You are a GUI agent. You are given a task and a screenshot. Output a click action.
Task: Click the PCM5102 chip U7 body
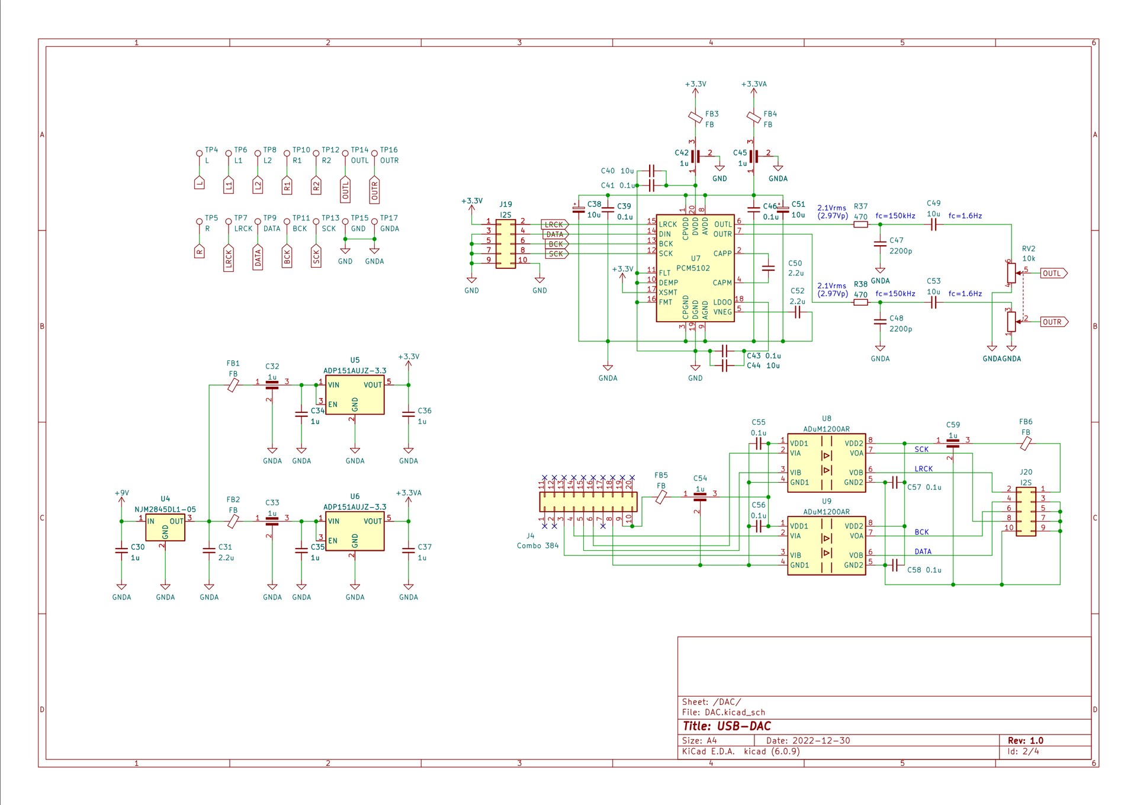[x=695, y=268]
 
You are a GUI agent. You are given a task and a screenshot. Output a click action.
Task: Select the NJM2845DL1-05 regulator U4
[x=165, y=527]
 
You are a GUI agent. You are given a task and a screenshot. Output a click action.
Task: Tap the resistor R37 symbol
[x=860, y=224]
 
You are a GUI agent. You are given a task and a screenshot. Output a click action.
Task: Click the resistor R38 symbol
[x=860, y=302]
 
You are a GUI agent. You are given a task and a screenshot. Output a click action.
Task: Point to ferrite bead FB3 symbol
[x=695, y=117]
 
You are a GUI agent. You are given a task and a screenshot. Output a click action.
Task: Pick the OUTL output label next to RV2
[x=1054, y=273]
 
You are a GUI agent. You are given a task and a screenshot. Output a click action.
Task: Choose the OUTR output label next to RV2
[x=1054, y=322]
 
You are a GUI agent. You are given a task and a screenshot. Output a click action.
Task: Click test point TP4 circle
[x=200, y=153]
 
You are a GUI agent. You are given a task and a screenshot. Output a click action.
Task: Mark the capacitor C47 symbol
[x=880, y=243]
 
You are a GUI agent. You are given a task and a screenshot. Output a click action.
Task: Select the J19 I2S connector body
[x=505, y=244]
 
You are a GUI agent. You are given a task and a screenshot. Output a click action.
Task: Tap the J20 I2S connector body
[x=1026, y=512]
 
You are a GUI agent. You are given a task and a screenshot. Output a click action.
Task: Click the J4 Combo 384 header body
[x=588, y=502]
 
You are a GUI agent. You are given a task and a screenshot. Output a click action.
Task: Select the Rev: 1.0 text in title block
[x=1026, y=740]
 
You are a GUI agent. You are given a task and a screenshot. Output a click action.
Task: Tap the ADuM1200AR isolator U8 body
[x=826, y=463]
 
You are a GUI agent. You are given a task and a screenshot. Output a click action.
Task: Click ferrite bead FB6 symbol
[x=1026, y=443]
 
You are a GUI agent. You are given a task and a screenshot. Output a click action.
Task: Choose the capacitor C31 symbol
[x=209, y=550]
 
